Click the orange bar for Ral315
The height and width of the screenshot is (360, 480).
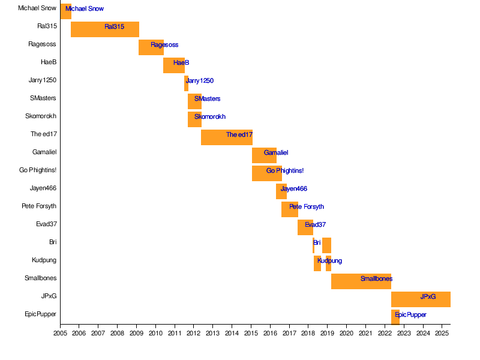coord(105,29)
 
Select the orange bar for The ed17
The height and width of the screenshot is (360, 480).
coord(226,137)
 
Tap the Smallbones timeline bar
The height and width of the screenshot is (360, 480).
coord(361,281)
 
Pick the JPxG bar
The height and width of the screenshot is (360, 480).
coord(421,299)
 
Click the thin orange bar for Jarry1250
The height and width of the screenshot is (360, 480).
coord(186,83)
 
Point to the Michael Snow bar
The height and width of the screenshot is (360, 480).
coord(65,11)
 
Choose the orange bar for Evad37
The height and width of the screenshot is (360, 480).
coord(305,227)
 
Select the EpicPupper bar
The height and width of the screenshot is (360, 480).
coord(395,317)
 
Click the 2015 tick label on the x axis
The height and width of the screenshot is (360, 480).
coord(251,332)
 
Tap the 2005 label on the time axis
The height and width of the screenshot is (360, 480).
coord(60,332)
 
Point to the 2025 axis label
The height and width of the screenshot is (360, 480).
coord(442,332)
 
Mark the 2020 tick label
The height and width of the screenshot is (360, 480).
coord(346,332)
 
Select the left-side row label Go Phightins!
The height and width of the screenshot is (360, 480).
coord(38,170)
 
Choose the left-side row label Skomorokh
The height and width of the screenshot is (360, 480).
coord(41,116)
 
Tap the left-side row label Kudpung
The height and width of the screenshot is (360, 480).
coord(44,260)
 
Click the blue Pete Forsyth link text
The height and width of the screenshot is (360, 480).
coord(307,206)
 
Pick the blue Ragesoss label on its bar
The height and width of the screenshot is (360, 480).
coord(164,44)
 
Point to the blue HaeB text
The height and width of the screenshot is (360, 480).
coord(181,62)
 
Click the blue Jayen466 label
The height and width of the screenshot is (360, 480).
coord(294,188)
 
